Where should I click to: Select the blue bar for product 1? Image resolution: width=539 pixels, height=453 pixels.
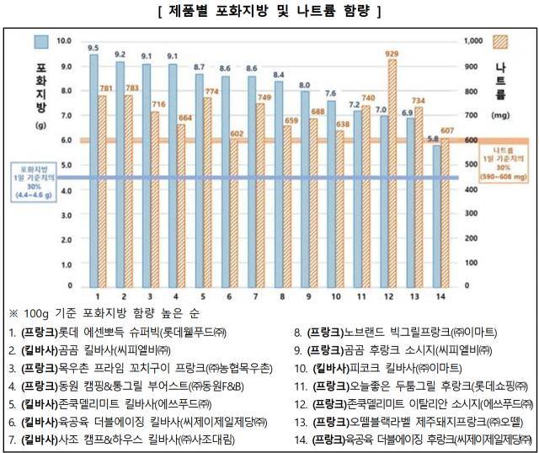click(x=93, y=168)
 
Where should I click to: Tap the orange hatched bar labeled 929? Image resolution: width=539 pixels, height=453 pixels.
click(x=392, y=168)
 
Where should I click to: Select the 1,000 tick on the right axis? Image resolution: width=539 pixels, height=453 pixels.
click(x=475, y=40)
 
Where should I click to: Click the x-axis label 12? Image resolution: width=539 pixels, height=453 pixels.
click(x=389, y=296)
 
